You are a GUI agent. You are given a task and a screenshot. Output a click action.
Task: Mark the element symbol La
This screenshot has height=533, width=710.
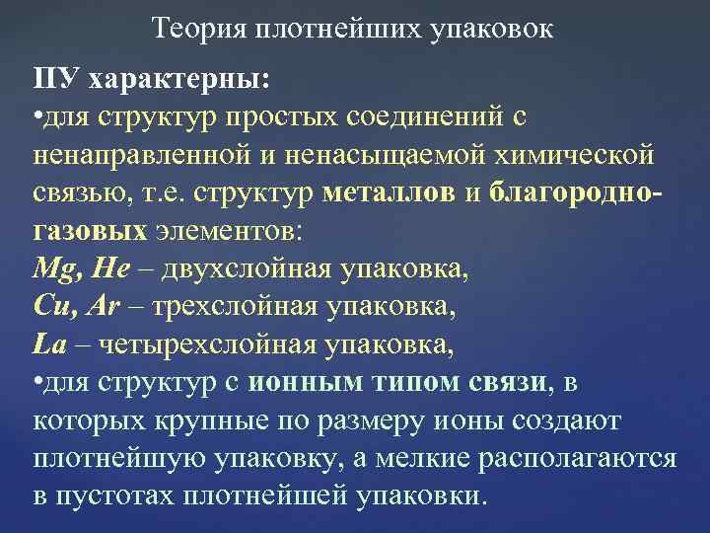pos(48,344)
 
